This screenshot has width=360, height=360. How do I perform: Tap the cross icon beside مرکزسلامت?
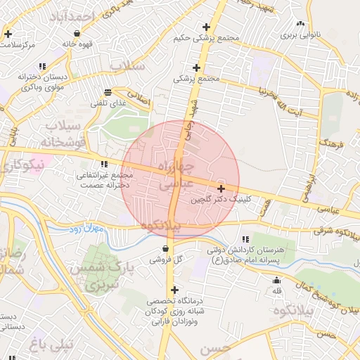coord(8,34)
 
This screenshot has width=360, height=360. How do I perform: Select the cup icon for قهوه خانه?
coord(76,33)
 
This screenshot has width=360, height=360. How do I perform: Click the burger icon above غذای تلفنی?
coord(108,92)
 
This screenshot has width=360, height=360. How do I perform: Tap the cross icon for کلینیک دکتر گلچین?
coord(221,188)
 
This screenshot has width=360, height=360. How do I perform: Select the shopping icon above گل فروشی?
coord(165,248)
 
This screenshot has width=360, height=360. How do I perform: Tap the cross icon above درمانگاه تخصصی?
coord(174,290)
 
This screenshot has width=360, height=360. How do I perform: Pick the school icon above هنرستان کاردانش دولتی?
coord(245,239)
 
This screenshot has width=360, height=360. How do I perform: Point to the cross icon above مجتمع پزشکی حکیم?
coord(206,26)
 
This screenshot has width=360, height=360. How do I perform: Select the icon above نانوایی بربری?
coord(301,23)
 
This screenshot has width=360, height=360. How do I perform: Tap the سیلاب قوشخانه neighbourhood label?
coord(64,134)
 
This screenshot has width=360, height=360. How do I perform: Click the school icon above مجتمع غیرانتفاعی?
coord(104,164)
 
